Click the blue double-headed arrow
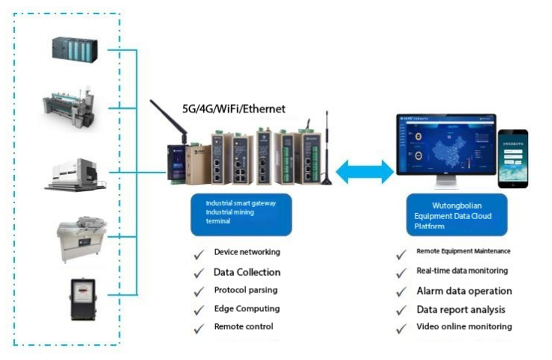pos(364,172)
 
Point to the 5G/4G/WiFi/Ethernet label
pos(234,109)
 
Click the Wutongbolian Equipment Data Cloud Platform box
pos(457,212)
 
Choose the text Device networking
pos(247,252)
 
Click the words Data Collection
pos(247,272)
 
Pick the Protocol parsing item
pos(246,290)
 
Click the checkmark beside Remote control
pos(199,328)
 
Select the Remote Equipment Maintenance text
pos(463,251)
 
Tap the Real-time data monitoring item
pos(461,271)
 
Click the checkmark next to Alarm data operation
pos(402,292)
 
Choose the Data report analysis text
pos(460,309)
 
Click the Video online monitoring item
pos(463,327)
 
